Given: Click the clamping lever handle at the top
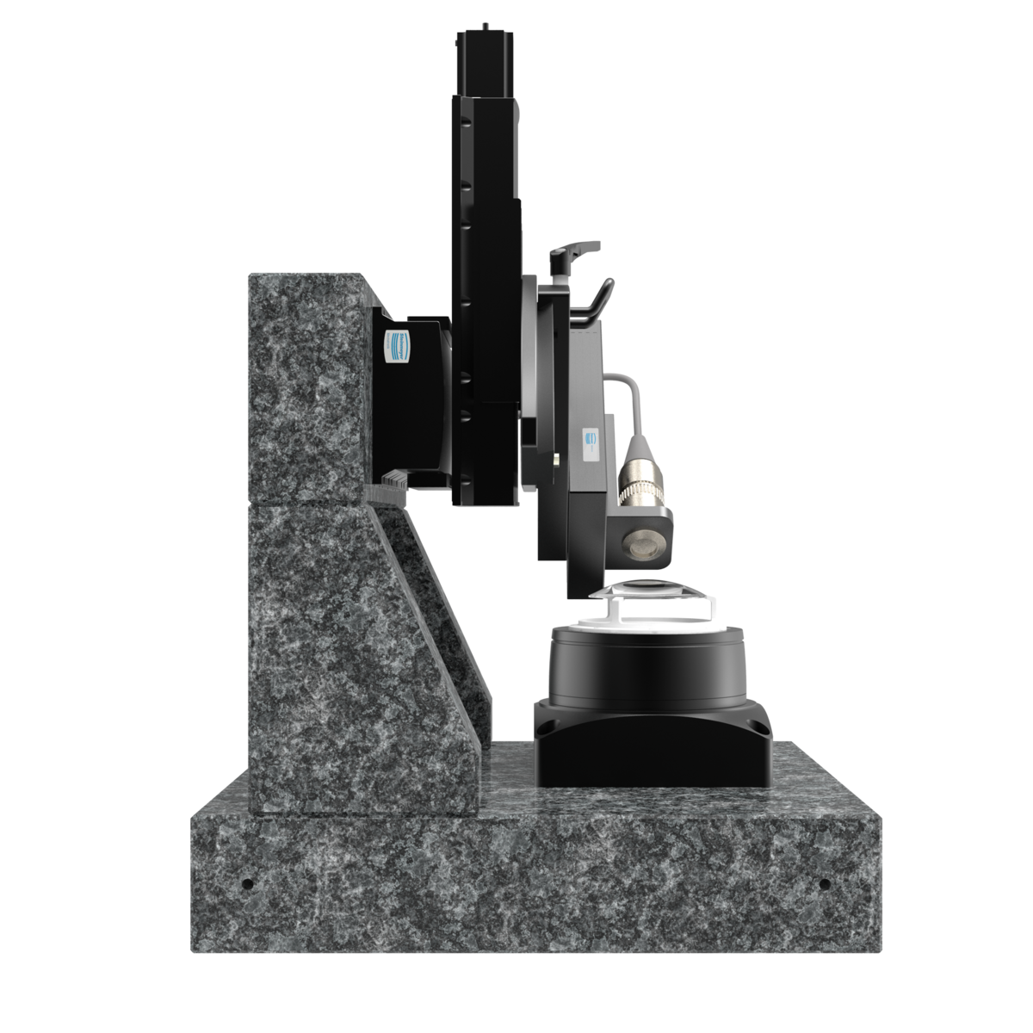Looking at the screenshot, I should tap(572, 251).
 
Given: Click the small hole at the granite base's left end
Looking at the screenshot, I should tap(247, 884).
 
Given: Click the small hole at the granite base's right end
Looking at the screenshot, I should tap(824, 884).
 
